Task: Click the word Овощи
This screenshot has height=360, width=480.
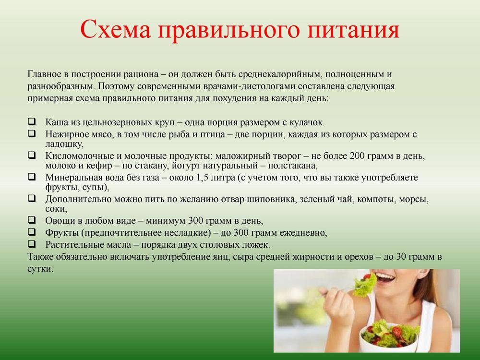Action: (x=60, y=221)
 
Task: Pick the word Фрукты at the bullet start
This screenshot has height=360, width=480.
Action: (x=62, y=233)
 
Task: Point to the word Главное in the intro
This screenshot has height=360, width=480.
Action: (x=44, y=75)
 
